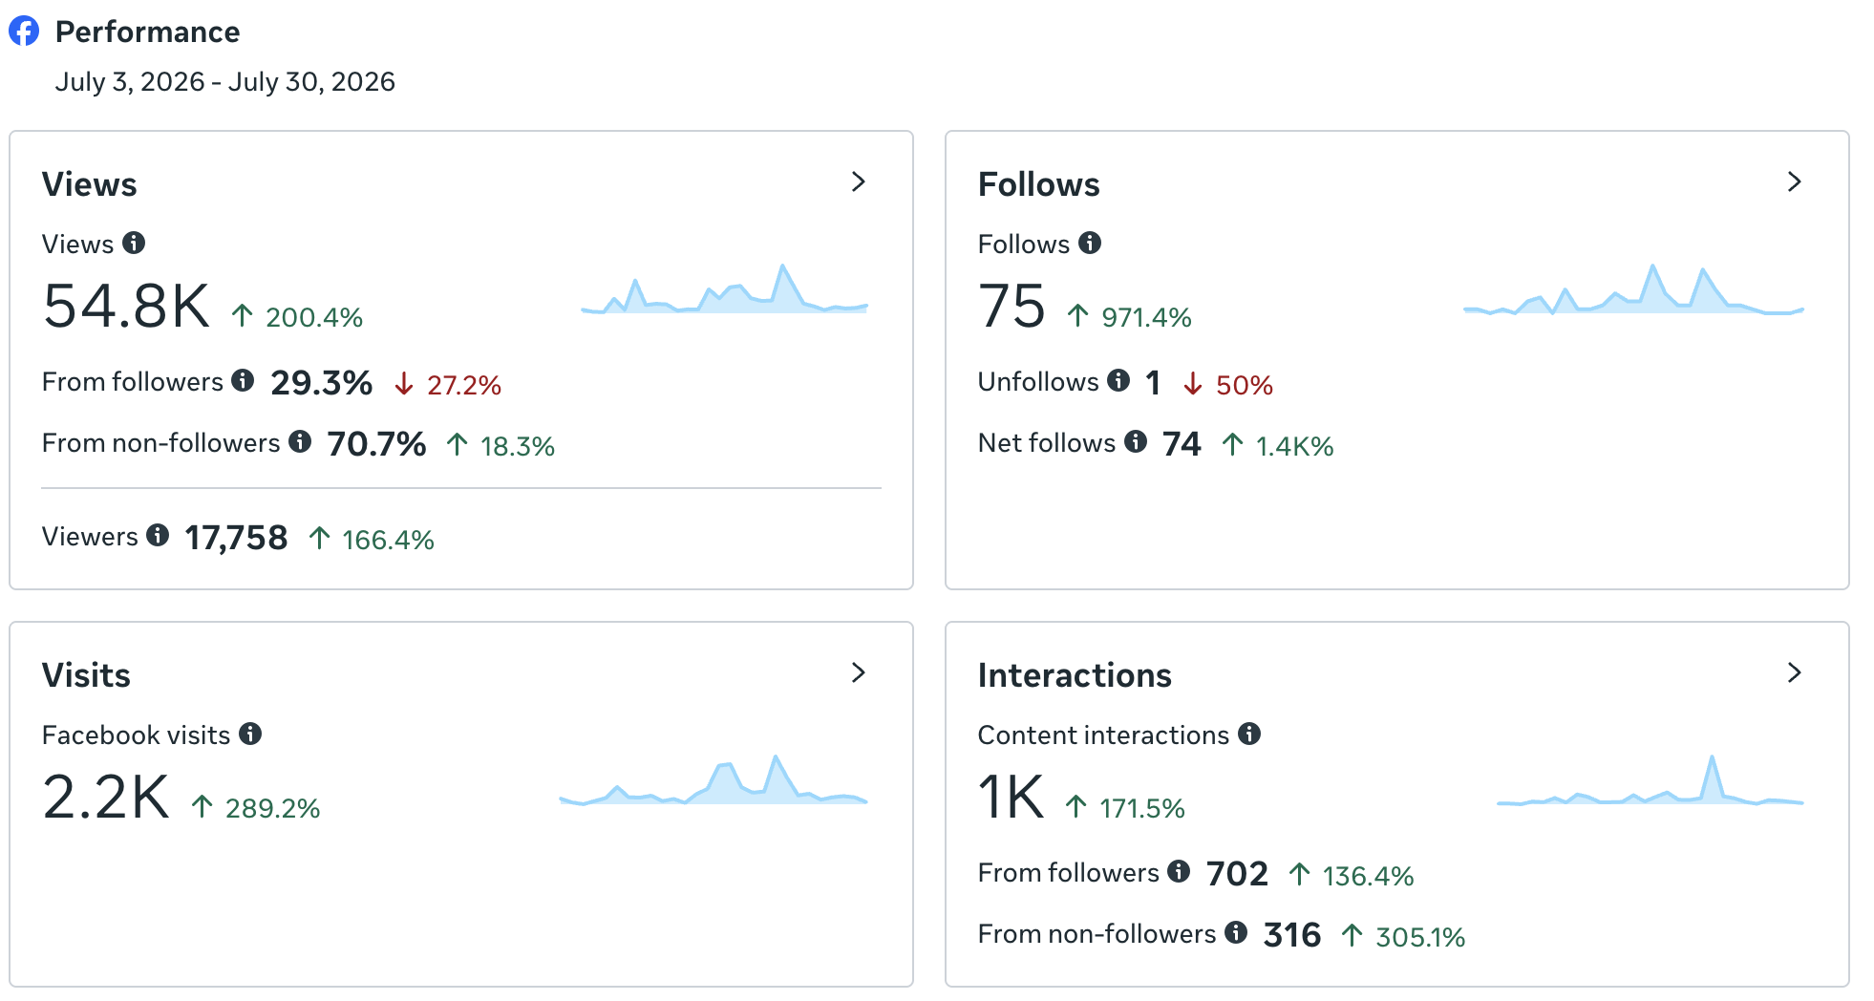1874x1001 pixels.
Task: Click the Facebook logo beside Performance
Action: pyautogui.click(x=24, y=31)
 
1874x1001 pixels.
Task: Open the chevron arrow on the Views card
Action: pyautogui.click(x=858, y=181)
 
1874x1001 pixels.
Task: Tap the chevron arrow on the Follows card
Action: pyautogui.click(x=1794, y=181)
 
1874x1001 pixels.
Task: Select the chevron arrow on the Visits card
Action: pyautogui.click(x=858, y=672)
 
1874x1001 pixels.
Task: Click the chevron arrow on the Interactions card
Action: pyautogui.click(x=1794, y=672)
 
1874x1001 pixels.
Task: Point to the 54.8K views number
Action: pyautogui.click(x=126, y=307)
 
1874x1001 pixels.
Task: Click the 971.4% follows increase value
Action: pyautogui.click(x=1146, y=317)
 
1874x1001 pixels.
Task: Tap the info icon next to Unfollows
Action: pyautogui.click(x=1118, y=381)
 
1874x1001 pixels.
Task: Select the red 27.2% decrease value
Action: pyautogui.click(x=463, y=385)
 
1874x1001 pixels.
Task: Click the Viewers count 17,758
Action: pyautogui.click(x=236, y=538)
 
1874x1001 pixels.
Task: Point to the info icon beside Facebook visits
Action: pyautogui.click(x=250, y=734)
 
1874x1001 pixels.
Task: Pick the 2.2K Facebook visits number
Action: pyautogui.click(x=106, y=798)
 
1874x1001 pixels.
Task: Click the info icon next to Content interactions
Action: pyautogui.click(x=1249, y=734)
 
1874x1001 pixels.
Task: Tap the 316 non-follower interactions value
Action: pyautogui.click(x=1291, y=934)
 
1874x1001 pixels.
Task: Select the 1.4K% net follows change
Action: pyautogui.click(x=1294, y=446)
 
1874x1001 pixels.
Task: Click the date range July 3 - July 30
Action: pyautogui.click(x=225, y=82)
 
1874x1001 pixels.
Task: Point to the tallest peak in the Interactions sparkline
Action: pyautogui.click(x=1712, y=757)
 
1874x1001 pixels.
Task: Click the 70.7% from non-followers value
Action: pyautogui.click(x=376, y=444)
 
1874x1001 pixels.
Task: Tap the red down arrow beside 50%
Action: pyautogui.click(x=1192, y=384)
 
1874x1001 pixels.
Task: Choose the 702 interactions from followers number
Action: pyautogui.click(x=1237, y=873)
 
